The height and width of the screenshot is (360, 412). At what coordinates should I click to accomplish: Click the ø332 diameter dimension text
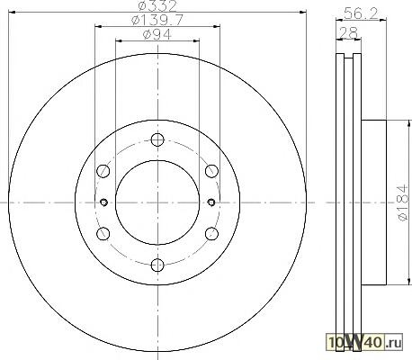157,6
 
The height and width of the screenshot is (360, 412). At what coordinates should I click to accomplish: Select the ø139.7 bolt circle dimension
157,21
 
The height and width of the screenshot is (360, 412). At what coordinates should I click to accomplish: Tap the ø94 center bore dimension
157,34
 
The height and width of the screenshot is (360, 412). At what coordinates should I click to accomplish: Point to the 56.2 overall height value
361,13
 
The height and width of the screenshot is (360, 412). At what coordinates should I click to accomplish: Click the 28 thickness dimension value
348,32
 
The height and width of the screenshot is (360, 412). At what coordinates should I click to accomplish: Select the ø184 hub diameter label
403,202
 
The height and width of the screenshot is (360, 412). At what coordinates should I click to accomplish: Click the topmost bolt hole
157,139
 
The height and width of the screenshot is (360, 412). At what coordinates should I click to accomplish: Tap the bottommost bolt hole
157,265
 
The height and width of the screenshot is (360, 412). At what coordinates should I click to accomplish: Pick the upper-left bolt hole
103,171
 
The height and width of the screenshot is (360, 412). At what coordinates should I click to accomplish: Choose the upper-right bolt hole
211,171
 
